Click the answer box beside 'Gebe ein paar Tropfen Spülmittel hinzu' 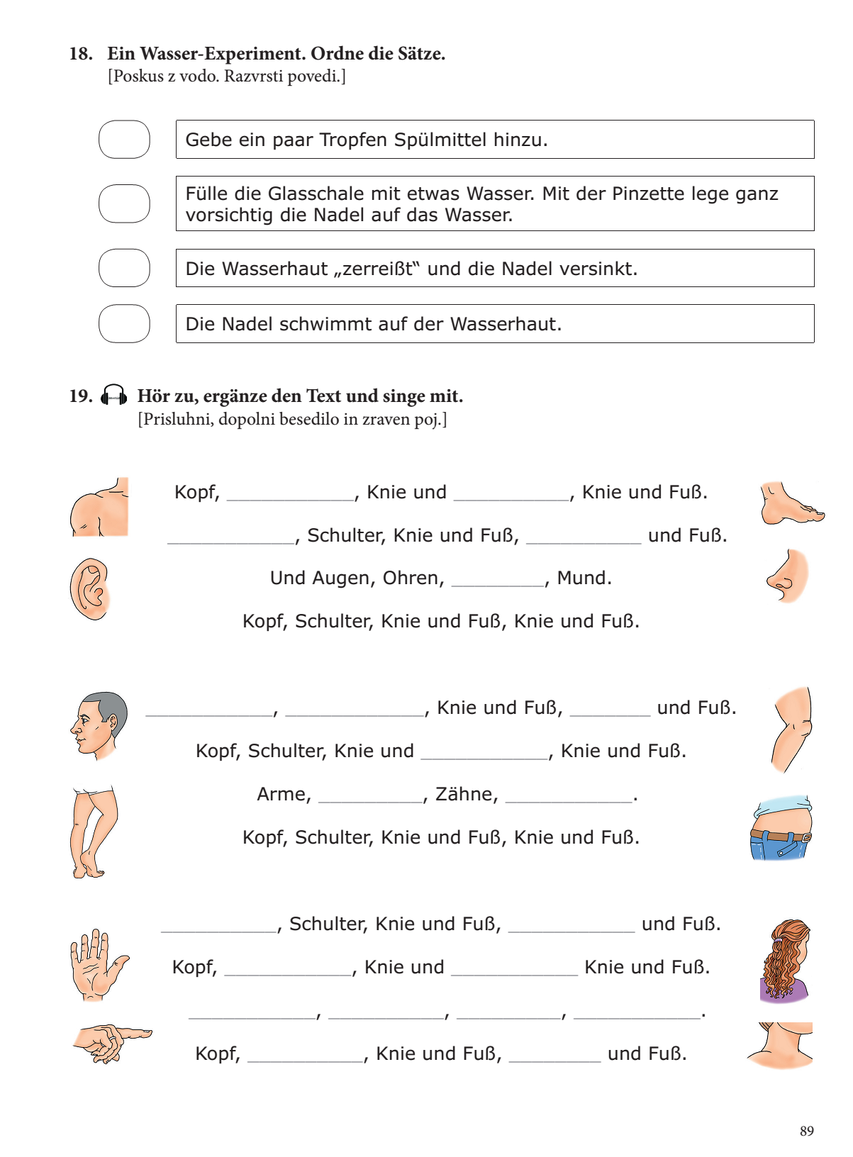[x=124, y=139]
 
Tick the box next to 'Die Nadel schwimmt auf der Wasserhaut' [x=124, y=323]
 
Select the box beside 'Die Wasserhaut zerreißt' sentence [x=124, y=268]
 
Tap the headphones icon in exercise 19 [x=114, y=395]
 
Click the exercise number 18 [x=80, y=54]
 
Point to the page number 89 [x=806, y=1131]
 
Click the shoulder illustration [x=100, y=508]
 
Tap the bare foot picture [x=791, y=503]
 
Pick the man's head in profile [x=99, y=725]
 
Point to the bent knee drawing [x=793, y=728]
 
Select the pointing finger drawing [x=111, y=1042]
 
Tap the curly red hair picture [x=786, y=961]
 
